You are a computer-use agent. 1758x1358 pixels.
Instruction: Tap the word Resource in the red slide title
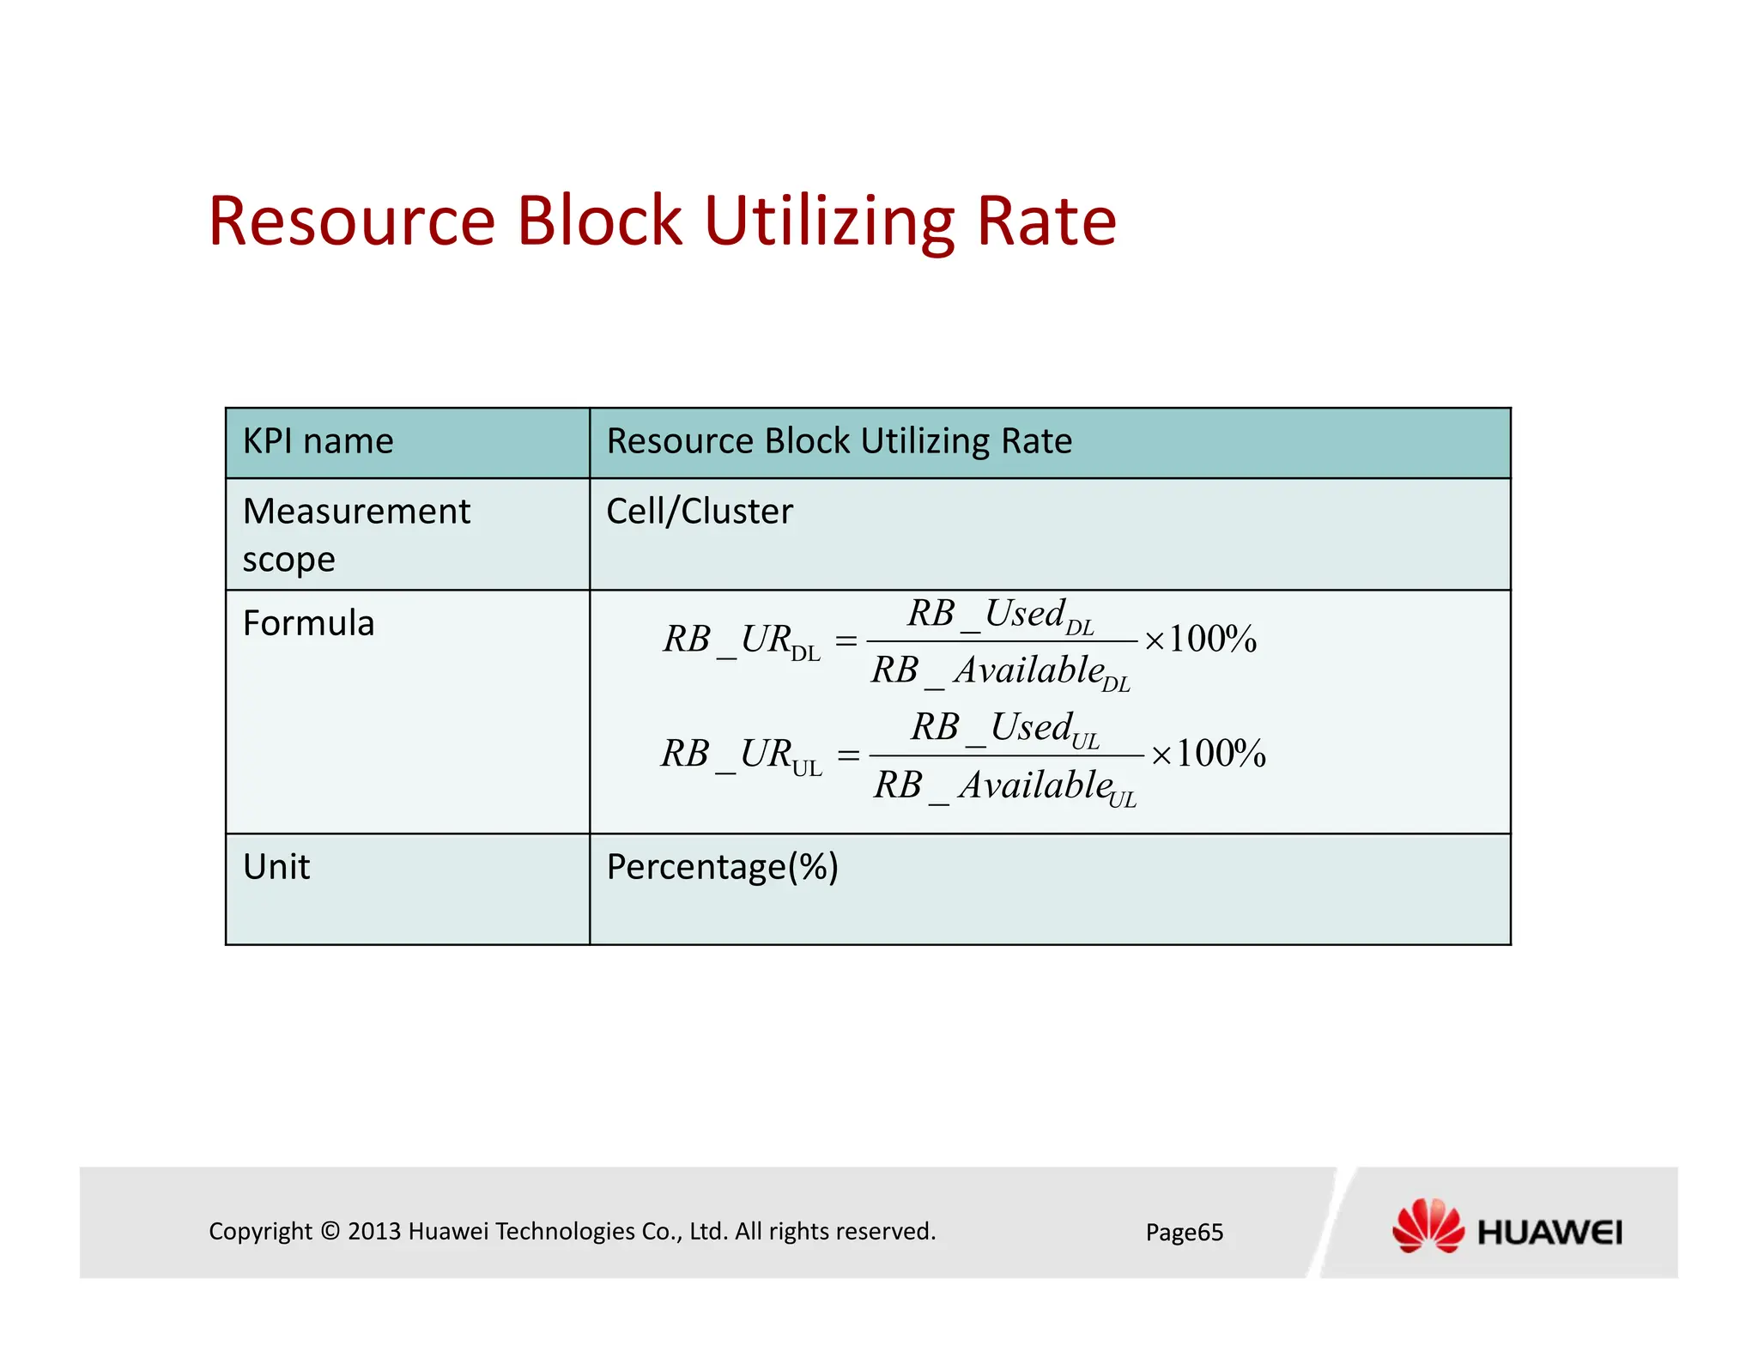tap(352, 221)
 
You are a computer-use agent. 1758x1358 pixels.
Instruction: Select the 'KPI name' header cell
tap(318, 441)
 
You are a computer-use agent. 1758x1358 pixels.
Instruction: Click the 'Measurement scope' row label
tap(355, 534)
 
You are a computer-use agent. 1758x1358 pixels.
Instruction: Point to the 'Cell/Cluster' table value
tap(700, 512)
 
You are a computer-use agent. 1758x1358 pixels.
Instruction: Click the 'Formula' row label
tap(308, 623)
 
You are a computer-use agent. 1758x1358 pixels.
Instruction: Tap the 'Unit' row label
tap(276, 867)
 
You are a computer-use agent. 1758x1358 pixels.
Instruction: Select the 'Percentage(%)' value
tap(722, 867)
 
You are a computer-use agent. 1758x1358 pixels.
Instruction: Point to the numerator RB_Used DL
tap(1001, 615)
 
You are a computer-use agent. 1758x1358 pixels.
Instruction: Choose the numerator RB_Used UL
tap(1005, 729)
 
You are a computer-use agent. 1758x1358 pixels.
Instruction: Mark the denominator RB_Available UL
tap(1005, 786)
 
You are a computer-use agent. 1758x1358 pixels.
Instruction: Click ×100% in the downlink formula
tap(1201, 640)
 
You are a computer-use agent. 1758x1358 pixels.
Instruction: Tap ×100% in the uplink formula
tap(1208, 755)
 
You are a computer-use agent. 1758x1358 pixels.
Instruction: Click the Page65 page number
tap(1185, 1233)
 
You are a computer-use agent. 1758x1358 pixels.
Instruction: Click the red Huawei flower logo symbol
tap(1428, 1226)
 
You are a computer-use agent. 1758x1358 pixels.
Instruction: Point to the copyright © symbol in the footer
tap(330, 1232)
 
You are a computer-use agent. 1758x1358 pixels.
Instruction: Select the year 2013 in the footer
tap(375, 1232)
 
